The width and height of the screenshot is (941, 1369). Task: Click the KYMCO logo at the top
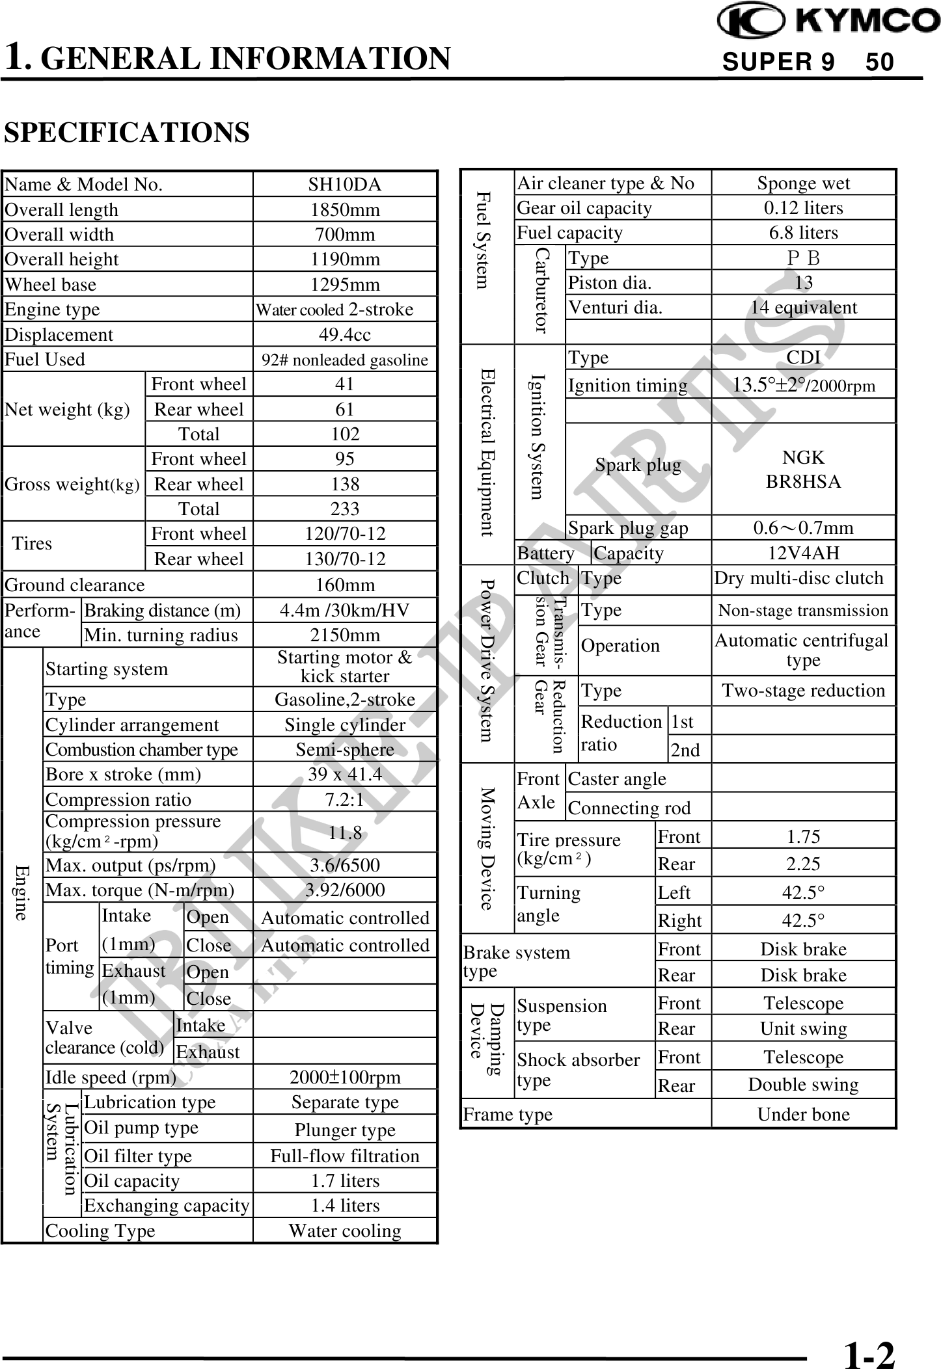coord(828,21)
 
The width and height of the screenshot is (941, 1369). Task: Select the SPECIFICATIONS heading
coord(127,133)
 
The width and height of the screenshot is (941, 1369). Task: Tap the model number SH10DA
coord(344,185)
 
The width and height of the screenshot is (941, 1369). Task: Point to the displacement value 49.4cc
coord(344,335)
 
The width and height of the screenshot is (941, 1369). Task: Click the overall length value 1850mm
coord(344,210)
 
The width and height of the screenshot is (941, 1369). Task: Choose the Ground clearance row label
coord(75,585)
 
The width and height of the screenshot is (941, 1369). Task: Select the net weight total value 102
coord(344,434)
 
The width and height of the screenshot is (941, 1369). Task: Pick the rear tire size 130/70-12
coord(344,559)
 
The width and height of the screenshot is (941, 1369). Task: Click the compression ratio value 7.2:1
coord(344,799)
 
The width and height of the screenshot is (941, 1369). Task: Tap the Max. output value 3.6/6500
coord(344,865)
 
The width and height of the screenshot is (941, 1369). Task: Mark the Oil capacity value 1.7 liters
coord(344,1180)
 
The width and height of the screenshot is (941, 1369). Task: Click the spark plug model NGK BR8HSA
coord(803,470)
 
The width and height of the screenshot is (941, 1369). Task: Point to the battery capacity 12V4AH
coord(803,553)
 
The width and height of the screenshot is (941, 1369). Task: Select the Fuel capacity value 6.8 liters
coord(803,233)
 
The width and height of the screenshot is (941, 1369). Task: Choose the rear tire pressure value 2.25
coord(803,864)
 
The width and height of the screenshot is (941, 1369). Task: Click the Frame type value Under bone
coord(803,1114)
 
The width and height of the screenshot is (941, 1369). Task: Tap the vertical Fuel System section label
coord(482,241)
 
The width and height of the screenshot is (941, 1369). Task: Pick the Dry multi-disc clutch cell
coord(798,578)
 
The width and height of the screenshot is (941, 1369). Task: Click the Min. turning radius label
coord(161,635)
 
